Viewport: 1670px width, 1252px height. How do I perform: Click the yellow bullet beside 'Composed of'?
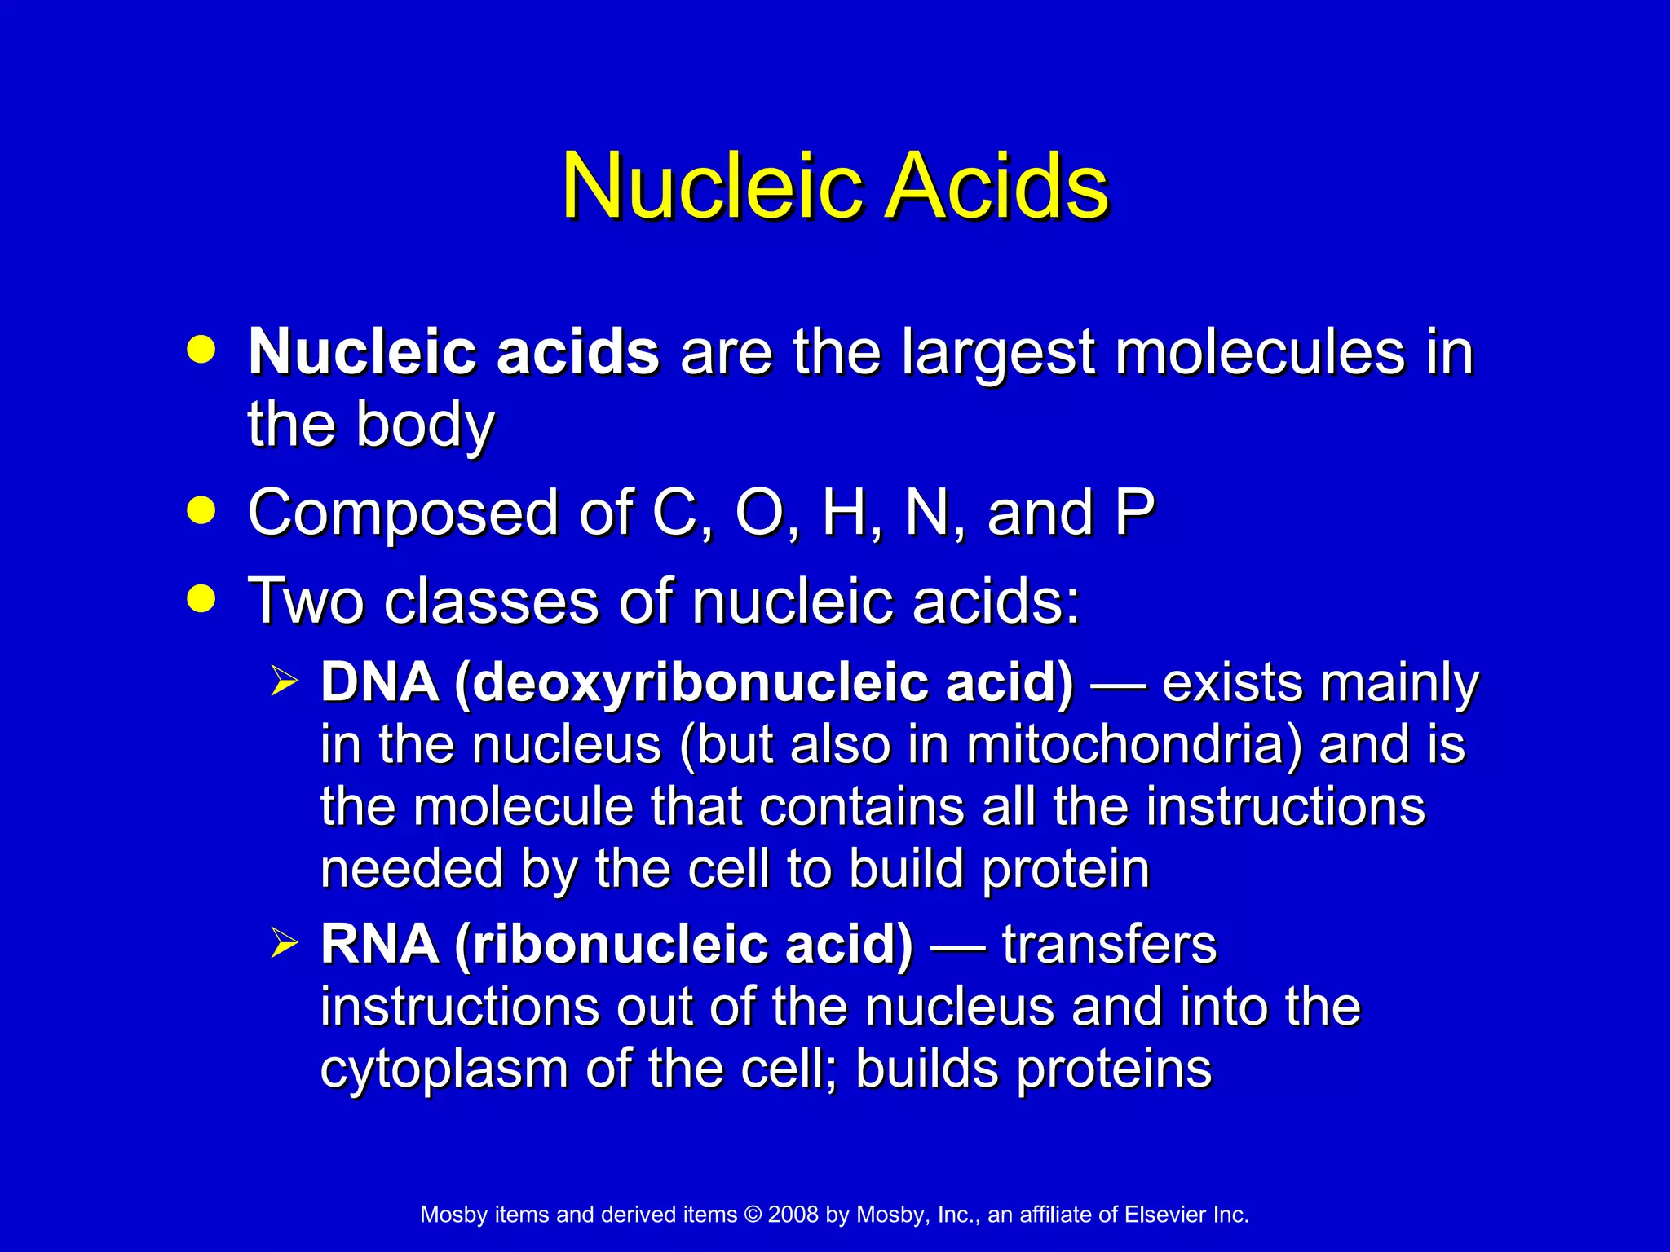201,511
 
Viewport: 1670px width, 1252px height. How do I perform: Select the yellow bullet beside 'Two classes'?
201,599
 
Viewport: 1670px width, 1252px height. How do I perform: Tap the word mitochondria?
1134,744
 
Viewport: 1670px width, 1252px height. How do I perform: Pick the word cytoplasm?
444,1069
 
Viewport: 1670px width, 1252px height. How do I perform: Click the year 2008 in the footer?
793,1215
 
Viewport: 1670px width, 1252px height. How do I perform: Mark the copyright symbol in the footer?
752,1215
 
